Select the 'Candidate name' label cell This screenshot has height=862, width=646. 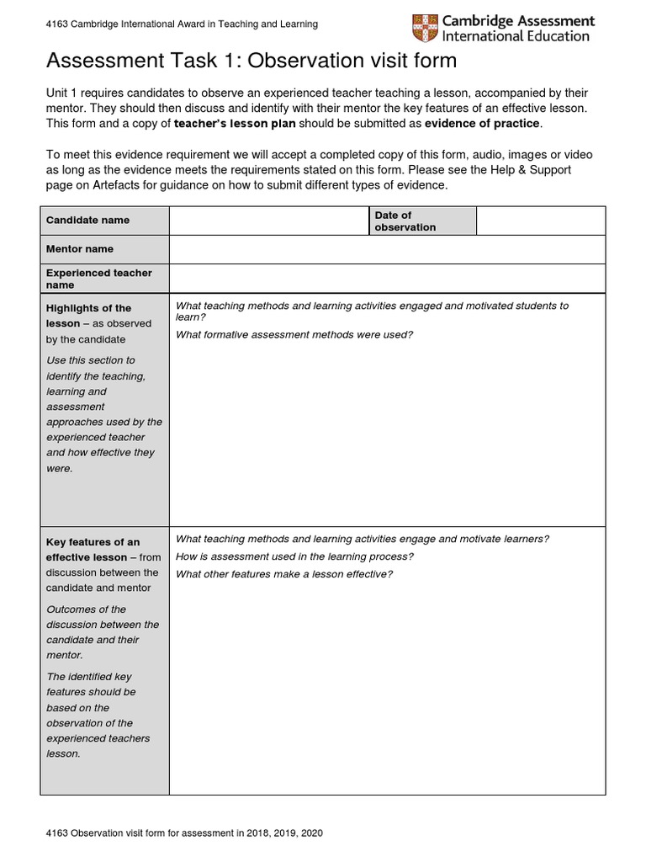click(x=104, y=220)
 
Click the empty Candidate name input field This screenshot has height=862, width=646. click(x=268, y=220)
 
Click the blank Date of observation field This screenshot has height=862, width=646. click(x=540, y=220)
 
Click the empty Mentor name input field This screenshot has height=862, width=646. click(x=387, y=249)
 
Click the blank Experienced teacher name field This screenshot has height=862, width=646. click(x=387, y=278)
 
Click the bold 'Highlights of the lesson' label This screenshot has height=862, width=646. click(x=88, y=316)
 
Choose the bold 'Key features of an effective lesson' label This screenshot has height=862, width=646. click(x=93, y=550)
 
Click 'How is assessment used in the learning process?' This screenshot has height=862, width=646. click(x=294, y=556)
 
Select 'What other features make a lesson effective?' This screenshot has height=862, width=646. click(x=284, y=574)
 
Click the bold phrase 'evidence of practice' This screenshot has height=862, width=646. click(x=483, y=124)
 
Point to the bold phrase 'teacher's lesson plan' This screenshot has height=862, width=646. click(x=234, y=124)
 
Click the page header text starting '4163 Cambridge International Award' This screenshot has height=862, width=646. click(x=182, y=24)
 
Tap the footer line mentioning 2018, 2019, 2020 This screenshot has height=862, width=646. click(x=184, y=833)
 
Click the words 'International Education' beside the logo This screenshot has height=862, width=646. click(x=516, y=36)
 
